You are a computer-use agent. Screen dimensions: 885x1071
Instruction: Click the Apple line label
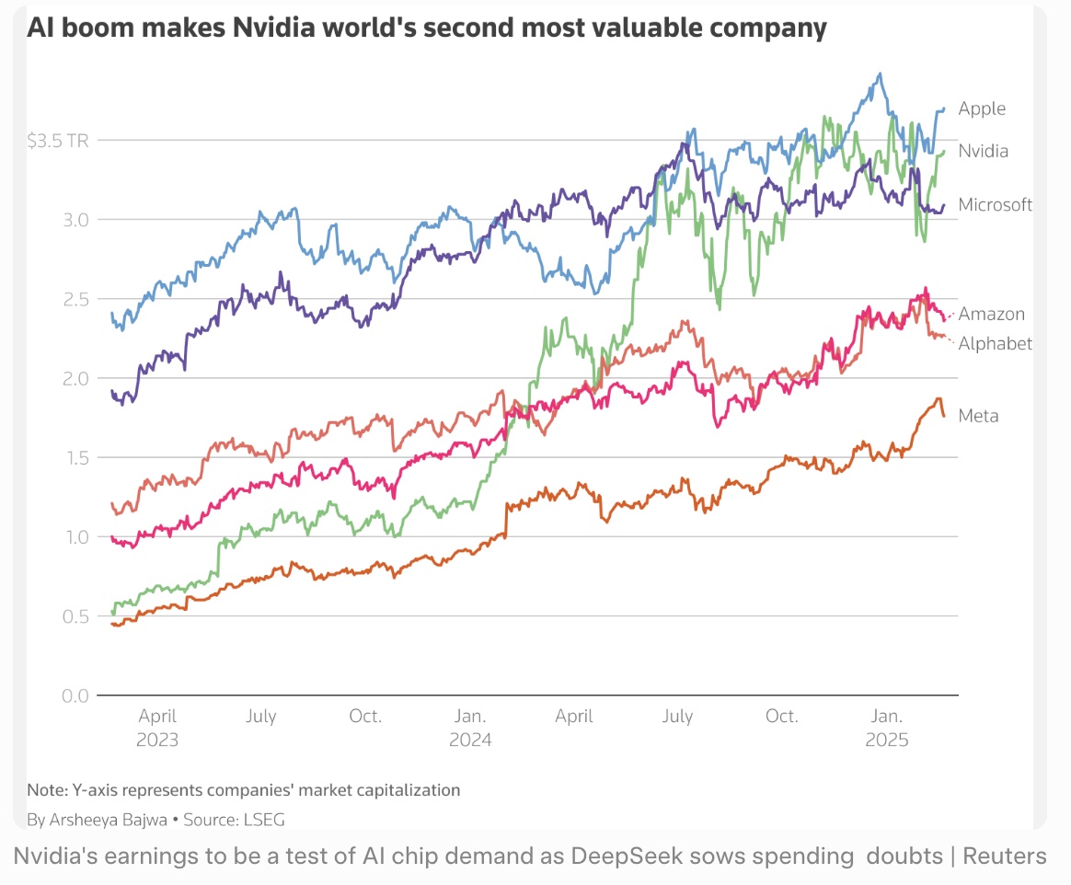[x=982, y=109]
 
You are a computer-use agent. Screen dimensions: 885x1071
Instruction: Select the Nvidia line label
[x=983, y=151]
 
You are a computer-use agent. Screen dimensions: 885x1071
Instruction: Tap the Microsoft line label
[x=995, y=204]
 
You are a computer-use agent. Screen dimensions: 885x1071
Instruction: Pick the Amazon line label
[x=991, y=314]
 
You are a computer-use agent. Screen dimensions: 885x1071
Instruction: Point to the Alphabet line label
[x=995, y=343]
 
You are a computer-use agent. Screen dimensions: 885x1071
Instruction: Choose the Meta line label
[x=978, y=416]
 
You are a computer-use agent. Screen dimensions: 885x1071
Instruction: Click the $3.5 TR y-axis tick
[x=57, y=141]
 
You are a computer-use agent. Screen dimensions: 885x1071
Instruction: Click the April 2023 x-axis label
[x=157, y=727]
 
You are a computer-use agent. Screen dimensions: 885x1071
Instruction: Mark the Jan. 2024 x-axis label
[x=470, y=727]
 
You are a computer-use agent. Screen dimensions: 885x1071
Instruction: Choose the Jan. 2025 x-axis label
[x=887, y=727]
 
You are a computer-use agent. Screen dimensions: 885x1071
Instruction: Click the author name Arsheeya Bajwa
[x=108, y=819]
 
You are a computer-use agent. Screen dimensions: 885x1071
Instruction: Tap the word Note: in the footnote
[x=45, y=789]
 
